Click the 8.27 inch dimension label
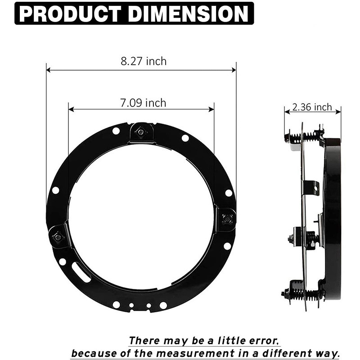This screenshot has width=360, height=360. coord(143,61)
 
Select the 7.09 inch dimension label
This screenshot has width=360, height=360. coord(143,103)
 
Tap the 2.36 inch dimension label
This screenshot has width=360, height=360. coord(312,107)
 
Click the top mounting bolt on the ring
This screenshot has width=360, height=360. coord(141,132)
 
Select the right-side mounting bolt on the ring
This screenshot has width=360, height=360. coord(227,219)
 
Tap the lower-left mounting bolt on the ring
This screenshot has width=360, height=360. coord(58,236)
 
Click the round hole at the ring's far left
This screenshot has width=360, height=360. coord(55,190)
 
